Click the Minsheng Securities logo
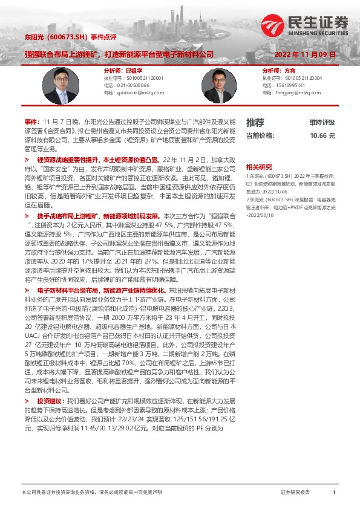click(x=305, y=24)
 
